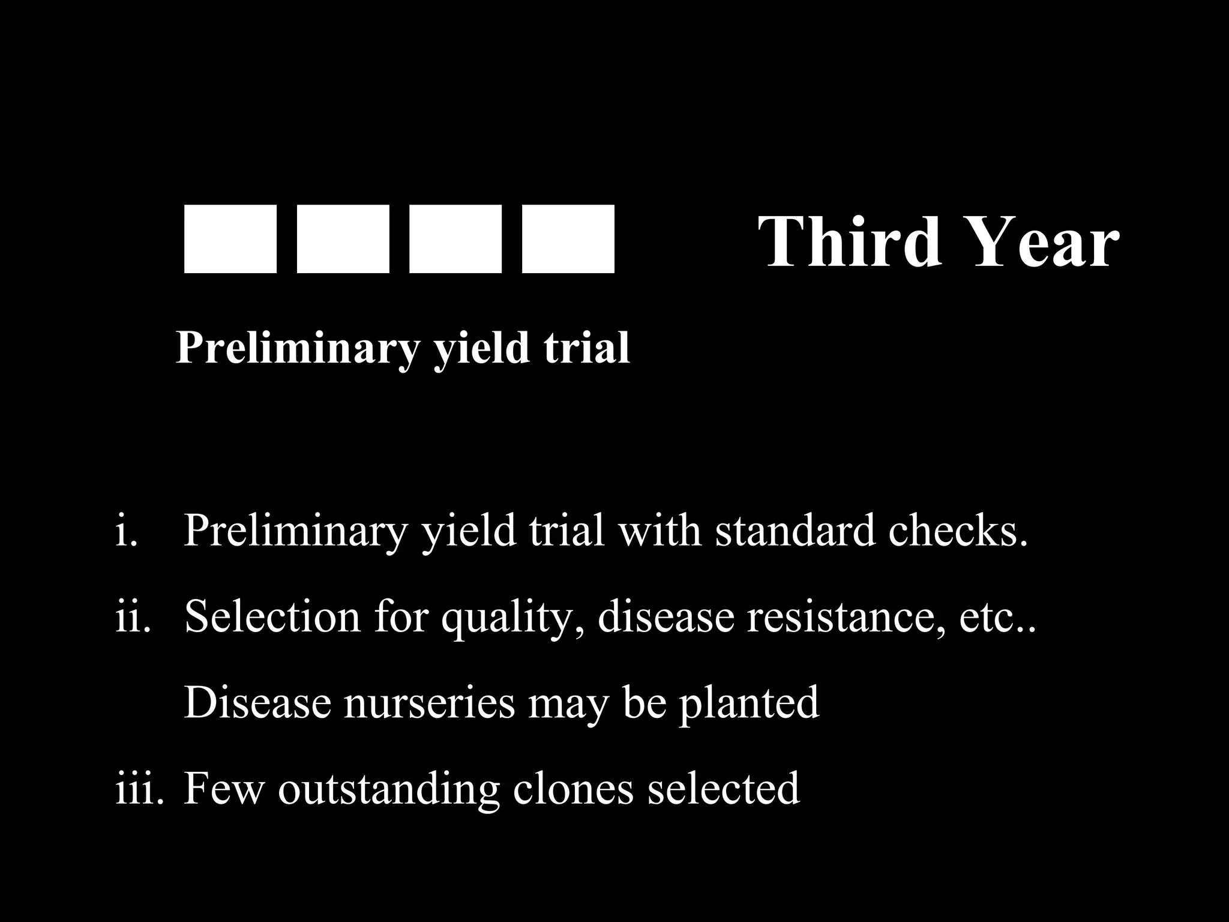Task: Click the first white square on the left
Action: click(230, 239)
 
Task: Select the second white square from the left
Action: click(343, 239)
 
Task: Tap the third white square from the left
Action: click(455, 239)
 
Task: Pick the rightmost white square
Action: click(568, 239)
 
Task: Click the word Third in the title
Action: click(850, 241)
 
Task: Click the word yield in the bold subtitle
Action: click(482, 348)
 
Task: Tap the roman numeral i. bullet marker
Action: click(127, 531)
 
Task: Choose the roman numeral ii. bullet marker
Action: click(133, 616)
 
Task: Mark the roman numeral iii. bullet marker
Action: click(139, 789)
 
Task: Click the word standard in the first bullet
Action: click(795, 531)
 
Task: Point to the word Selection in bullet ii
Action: click(272, 616)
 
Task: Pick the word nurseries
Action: click(430, 702)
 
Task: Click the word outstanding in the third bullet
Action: click(388, 789)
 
